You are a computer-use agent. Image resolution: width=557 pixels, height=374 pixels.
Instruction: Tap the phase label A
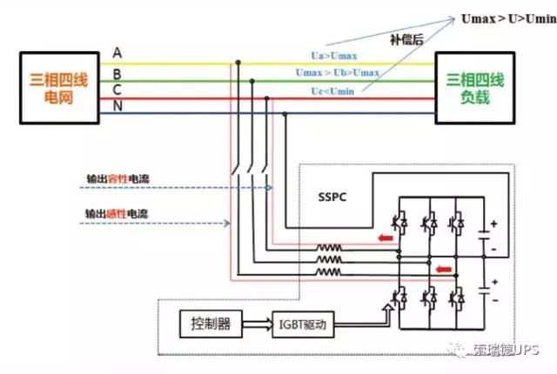(x=117, y=52)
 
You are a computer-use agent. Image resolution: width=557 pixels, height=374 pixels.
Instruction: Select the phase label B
(x=117, y=73)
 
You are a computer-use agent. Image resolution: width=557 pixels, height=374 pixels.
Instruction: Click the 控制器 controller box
(x=208, y=325)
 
